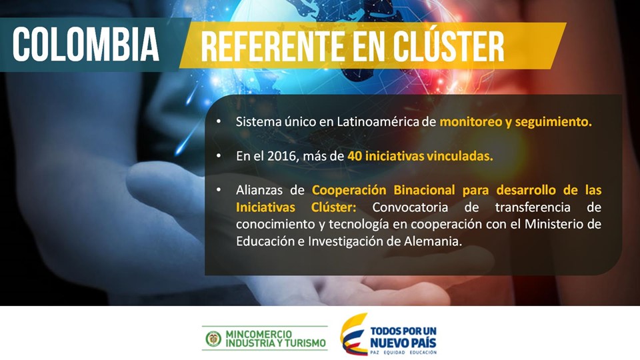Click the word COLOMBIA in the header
click(86, 45)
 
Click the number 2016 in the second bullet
click(279, 156)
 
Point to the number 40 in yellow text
click(355, 156)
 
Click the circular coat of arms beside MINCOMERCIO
click(213, 338)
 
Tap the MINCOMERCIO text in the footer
click(259, 333)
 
